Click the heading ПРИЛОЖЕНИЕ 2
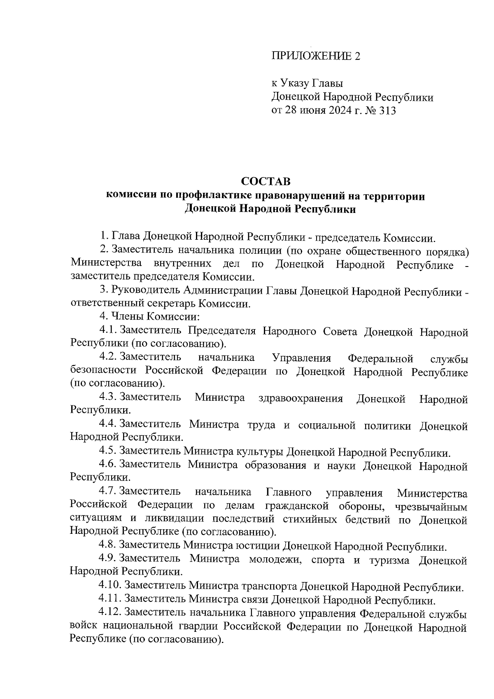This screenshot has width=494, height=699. (x=315, y=56)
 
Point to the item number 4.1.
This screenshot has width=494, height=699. (x=108, y=331)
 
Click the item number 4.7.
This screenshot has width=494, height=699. (x=108, y=492)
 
